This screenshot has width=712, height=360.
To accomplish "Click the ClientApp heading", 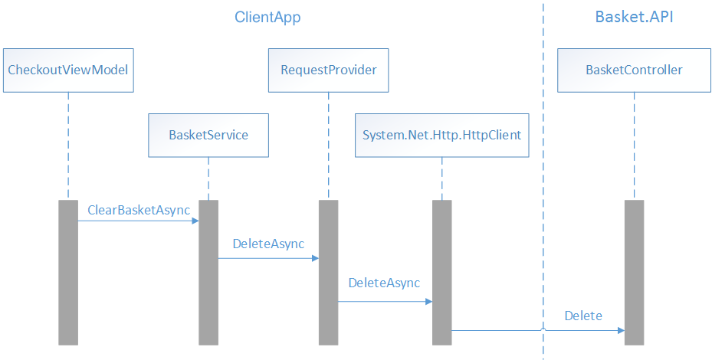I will pyautogui.click(x=267, y=17).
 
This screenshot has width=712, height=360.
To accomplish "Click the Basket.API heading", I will pyautogui.click(x=634, y=17).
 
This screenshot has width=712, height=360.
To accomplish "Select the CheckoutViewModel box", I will pyautogui.click(x=67, y=70).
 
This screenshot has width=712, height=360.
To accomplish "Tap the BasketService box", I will pyautogui.click(x=208, y=136).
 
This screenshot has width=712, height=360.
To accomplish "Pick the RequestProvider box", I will pyautogui.click(x=328, y=70).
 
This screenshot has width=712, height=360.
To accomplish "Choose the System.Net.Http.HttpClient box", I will pyautogui.click(x=442, y=136).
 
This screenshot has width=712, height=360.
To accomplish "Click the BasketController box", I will pyautogui.click(x=634, y=70).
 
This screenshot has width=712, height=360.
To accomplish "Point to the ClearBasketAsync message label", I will pyautogui.click(x=139, y=210).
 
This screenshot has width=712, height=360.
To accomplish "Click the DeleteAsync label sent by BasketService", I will pyautogui.click(x=268, y=244).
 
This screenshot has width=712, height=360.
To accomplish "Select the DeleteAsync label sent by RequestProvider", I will pyautogui.click(x=384, y=283).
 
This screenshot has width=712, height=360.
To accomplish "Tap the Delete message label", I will pyautogui.click(x=583, y=316).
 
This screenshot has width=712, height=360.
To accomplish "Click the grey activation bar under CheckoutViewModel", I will pyautogui.click(x=68, y=272).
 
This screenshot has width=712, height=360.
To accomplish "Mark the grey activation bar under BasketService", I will pyautogui.click(x=208, y=272).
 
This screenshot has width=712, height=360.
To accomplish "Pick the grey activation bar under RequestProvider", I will pyautogui.click(x=328, y=272).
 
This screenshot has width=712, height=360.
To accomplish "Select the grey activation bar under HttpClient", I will pyautogui.click(x=441, y=272).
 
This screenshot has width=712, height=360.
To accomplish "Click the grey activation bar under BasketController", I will pyautogui.click(x=634, y=272).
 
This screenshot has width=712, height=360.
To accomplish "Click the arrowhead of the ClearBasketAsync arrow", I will pyautogui.click(x=195, y=221).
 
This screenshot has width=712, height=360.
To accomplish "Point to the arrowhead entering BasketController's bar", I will pyautogui.click(x=621, y=331).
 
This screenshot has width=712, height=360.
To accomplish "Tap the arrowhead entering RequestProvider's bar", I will pyautogui.click(x=315, y=259).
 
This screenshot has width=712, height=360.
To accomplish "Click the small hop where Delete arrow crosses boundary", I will pyautogui.click(x=543, y=329).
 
